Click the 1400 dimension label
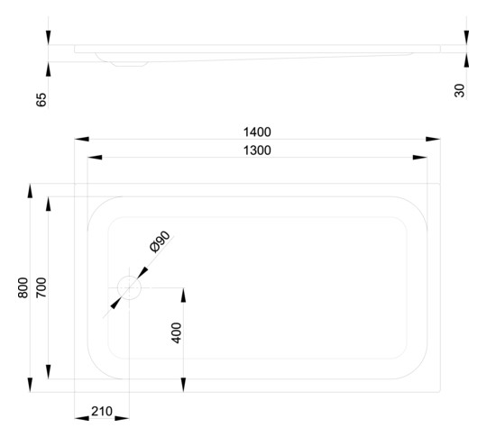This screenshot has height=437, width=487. tap(257, 132)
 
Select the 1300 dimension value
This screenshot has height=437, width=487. tap(257, 150)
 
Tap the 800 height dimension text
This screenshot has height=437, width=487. tap(23, 287)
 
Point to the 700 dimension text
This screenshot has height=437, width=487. tap(41, 287)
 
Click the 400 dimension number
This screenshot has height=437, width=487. tap(177, 332)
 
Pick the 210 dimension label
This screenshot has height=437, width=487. tap(102, 411)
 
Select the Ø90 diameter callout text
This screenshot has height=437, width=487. tap(160, 241)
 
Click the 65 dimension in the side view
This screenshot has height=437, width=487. tap(41, 100)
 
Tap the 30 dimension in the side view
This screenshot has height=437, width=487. tap(460, 90)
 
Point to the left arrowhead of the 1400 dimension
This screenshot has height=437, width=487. tap(82, 139)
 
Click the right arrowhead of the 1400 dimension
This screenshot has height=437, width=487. tap(433, 139)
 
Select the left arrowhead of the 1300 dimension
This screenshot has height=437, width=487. tap(95, 158)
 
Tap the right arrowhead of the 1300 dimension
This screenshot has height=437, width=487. tap(420, 158)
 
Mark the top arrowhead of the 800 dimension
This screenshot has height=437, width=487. tap(30, 191)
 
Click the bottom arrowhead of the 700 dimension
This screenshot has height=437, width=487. tap(48, 372)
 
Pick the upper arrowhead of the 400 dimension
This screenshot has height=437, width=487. tap(183, 296)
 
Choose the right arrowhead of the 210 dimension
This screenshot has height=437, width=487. tap(122, 418)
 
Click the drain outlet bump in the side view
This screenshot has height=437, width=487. tap(130, 64)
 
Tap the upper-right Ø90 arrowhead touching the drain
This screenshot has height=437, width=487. tap(142, 272)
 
